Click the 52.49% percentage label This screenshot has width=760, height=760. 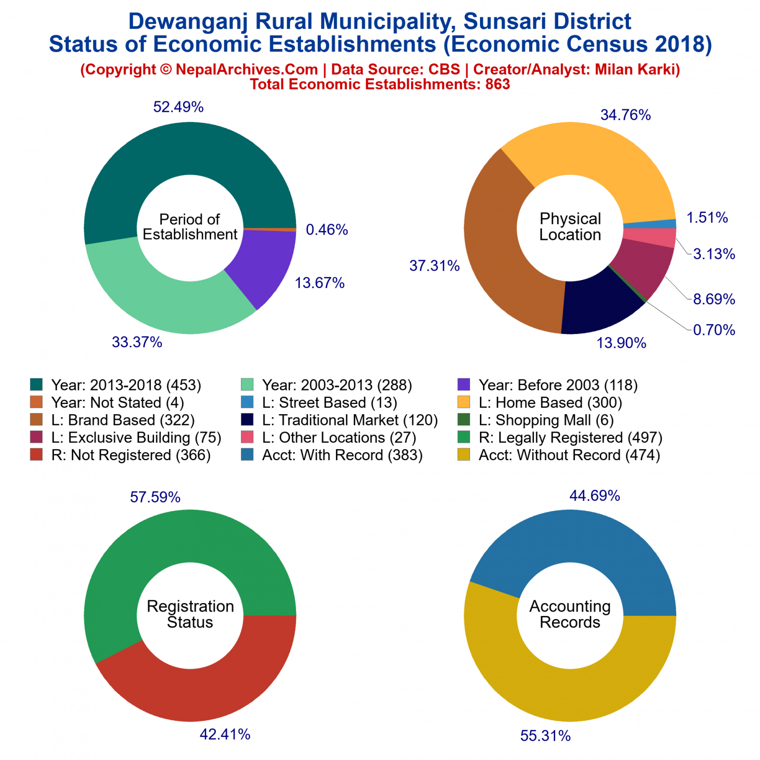click(x=178, y=107)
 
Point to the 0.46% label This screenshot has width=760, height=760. click(x=327, y=230)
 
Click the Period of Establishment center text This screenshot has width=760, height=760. click(x=190, y=227)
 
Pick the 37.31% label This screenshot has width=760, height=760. click(x=434, y=266)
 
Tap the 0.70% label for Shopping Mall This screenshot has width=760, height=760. click(x=714, y=330)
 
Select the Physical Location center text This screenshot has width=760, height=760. click(x=570, y=227)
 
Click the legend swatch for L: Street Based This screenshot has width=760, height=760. click(x=247, y=402)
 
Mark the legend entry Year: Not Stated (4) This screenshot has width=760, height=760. click(x=117, y=403)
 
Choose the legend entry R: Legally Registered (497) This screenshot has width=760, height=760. click(x=570, y=437)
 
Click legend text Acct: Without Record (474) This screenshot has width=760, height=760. click(x=569, y=455)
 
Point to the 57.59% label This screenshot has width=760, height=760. click(x=155, y=497)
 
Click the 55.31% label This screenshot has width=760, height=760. click(x=545, y=736)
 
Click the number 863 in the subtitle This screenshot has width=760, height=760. click(x=497, y=84)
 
